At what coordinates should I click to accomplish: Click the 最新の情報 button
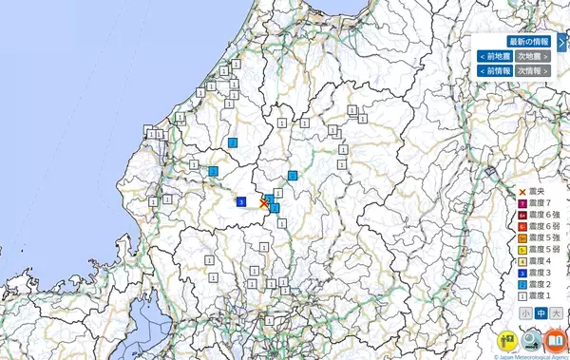pyautogui.click(x=528, y=42)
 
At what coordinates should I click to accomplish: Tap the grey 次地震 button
pyautogui.click(x=533, y=57)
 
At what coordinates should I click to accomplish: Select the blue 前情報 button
pyautogui.click(x=495, y=71)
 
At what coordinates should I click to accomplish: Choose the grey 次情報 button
pyautogui.click(x=533, y=71)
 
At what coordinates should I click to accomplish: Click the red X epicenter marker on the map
pyautogui.click(x=264, y=202)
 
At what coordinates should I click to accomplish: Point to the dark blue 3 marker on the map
pyautogui.click(x=242, y=201)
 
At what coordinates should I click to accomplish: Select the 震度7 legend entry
pyautogui.click(x=538, y=203)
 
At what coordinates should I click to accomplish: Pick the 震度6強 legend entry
pyautogui.click(x=540, y=216)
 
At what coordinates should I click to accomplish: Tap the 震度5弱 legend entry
pyautogui.click(x=540, y=250)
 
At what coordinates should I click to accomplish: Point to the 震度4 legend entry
pyautogui.click(x=538, y=261)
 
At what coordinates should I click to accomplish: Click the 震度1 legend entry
pyautogui.click(x=538, y=295)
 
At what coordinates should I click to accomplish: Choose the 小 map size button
pyautogui.click(x=525, y=313)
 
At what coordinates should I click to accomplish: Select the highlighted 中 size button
pyautogui.click(x=541, y=313)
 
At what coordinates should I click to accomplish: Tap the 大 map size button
pyautogui.click(x=556, y=313)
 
